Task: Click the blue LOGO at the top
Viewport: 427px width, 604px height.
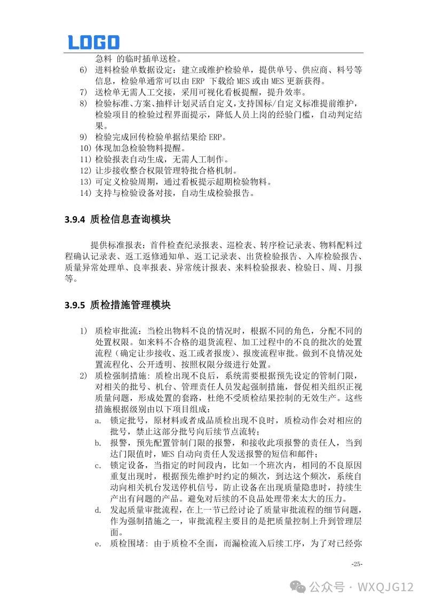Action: click(93, 42)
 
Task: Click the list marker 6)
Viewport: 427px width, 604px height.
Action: click(83, 70)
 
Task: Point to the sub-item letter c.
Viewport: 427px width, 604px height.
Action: click(98, 465)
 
